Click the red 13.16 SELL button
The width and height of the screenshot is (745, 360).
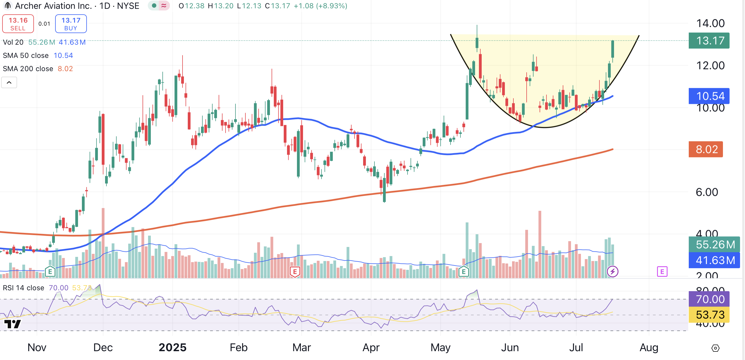click(18, 24)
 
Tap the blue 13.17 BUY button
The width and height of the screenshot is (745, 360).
click(71, 24)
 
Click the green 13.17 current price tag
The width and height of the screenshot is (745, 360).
click(709, 41)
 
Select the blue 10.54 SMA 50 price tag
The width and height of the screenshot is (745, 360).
click(709, 96)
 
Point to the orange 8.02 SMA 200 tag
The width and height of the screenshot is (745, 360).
click(706, 149)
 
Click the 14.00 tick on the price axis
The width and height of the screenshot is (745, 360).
click(710, 23)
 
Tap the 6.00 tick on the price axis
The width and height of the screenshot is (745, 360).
click(706, 192)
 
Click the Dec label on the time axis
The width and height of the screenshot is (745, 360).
click(103, 347)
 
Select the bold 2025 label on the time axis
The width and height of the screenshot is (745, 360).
click(172, 347)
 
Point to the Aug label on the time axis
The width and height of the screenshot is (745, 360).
click(649, 347)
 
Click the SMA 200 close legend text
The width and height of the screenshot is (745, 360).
click(28, 69)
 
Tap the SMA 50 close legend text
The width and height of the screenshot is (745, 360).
click(26, 55)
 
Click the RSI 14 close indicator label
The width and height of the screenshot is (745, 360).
click(23, 288)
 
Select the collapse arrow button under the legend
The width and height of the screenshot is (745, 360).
click(9, 83)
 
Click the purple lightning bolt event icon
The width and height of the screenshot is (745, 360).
click(612, 272)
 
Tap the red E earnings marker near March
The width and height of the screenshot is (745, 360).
click(295, 272)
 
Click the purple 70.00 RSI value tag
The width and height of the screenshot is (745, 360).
click(709, 299)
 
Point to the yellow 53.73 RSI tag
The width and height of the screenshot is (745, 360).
click(709, 315)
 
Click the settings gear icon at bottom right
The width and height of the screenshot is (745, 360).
click(715, 348)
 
